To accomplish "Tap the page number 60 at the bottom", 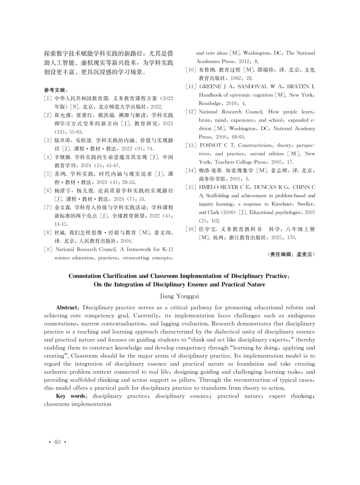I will pos(57,442).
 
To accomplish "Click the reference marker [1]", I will pos(47,98).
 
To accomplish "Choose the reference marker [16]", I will pos(190,229).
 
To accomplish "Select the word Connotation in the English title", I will pos(91,276).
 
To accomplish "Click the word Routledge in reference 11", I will pos(213,103).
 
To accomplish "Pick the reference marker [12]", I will pos(190,111).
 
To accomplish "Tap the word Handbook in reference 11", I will pos(212,95).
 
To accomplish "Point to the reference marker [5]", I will pos(47,173).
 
